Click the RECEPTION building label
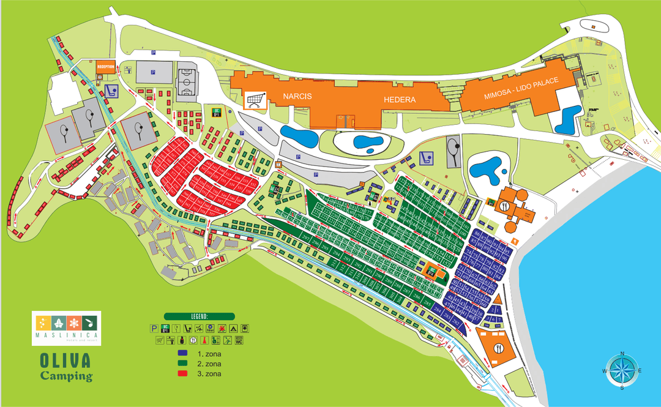(106, 65)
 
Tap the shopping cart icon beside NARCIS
(256, 99)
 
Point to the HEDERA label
(400, 99)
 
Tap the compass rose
(622, 371)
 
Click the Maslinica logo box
(66, 328)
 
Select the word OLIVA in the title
(65, 360)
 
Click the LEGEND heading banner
(199, 316)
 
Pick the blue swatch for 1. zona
(183, 354)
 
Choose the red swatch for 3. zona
(183, 374)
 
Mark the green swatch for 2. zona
(183, 364)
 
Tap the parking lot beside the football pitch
(153, 72)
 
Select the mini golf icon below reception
(111, 91)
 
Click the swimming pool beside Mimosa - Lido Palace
(568, 119)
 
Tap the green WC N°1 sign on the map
(217, 111)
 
